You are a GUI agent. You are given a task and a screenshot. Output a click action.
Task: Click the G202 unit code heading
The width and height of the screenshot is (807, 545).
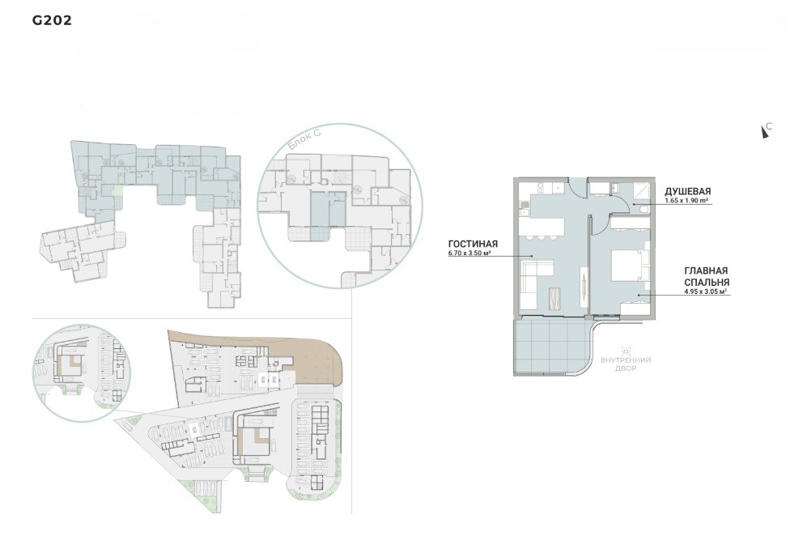[x=52, y=20]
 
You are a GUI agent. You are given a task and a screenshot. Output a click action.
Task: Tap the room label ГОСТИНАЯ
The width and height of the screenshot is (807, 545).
[x=473, y=244]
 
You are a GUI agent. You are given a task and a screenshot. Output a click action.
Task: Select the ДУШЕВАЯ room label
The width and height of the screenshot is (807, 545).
[x=687, y=192]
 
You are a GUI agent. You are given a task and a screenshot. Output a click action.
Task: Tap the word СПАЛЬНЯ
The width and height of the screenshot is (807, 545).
[x=707, y=283]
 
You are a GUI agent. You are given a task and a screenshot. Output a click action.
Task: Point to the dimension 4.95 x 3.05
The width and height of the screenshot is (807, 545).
[x=705, y=292]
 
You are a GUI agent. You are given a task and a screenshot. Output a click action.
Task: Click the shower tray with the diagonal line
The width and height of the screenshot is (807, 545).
[x=641, y=190]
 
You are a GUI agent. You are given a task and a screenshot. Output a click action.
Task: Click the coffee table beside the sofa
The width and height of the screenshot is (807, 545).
[x=555, y=298]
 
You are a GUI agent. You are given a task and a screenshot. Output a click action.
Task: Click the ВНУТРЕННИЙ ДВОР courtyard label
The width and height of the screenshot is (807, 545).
[x=626, y=364]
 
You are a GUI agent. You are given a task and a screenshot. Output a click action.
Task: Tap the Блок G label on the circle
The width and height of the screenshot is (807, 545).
[x=304, y=139]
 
